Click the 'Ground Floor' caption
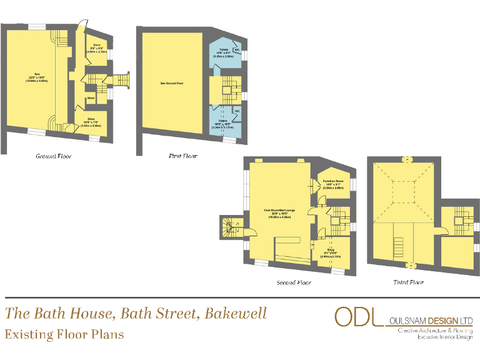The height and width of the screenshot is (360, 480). (x=53, y=156)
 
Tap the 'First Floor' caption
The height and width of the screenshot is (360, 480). (x=183, y=156)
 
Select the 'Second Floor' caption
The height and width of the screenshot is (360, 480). (x=294, y=282)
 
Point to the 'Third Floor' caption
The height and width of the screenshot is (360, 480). (x=408, y=282)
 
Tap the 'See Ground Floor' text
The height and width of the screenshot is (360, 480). (x=171, y=82)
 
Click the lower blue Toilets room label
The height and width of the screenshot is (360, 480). (x=222, y=125)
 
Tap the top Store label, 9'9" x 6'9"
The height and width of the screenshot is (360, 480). (x=97, y=48)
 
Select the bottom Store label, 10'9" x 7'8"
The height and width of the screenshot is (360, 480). (x=91, y=122)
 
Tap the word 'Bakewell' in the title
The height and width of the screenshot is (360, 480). (x=239, y=312)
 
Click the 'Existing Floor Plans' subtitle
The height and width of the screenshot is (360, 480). (x=64, y=334)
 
